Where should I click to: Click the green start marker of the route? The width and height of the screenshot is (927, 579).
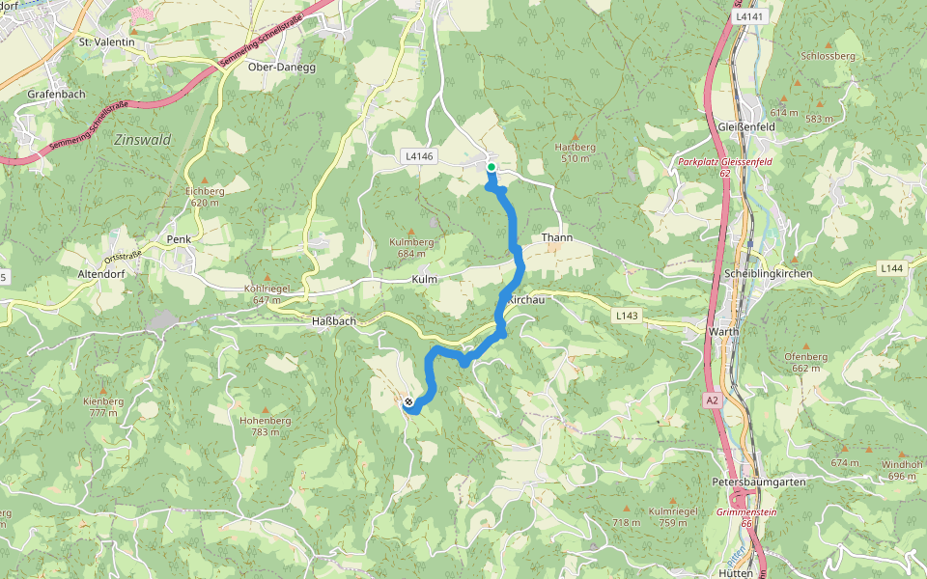492,167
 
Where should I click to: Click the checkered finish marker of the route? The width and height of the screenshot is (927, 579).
409,402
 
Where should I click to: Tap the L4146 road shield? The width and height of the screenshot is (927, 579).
418,155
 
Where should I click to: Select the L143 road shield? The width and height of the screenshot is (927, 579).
627,315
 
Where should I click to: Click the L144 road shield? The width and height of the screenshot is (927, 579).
891,268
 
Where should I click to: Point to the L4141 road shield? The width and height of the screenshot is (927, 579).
749,17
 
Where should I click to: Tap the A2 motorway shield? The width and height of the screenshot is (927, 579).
712,400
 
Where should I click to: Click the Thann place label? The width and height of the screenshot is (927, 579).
558,237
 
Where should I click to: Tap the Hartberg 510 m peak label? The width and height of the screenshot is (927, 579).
576,152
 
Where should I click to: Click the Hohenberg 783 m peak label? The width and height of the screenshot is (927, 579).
260,427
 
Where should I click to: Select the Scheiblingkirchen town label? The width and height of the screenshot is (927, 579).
768,274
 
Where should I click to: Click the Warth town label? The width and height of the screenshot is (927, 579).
723,331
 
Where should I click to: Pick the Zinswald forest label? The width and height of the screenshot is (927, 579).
142,140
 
